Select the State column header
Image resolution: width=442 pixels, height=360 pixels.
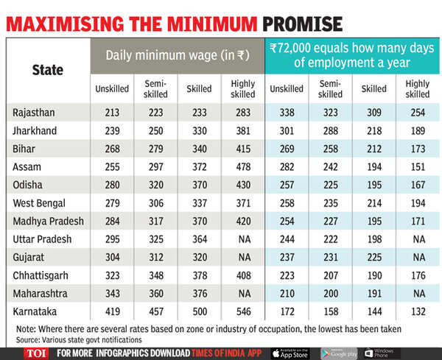[x=48, y=71]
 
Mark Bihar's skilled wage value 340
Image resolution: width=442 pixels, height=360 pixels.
[x=198, y=148]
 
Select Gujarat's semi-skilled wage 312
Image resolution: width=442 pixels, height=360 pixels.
[x=155, y=258]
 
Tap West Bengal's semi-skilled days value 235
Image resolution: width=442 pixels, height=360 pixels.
[x=329, y=203]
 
